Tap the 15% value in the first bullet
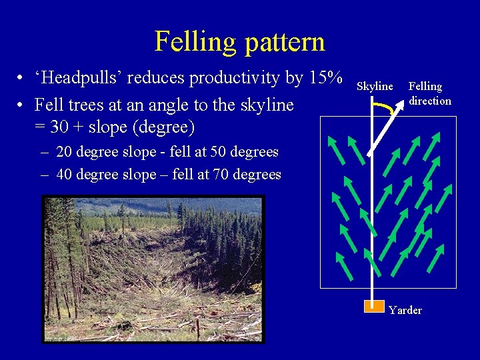tap(325, 77)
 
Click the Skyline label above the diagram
tap(375, 87)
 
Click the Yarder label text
tap(405, 310)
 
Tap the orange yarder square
tap(373, 306)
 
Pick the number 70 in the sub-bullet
tap(222, 175)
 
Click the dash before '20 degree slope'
tap(44, 153)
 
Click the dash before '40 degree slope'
tap(44, 175)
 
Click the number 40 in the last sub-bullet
tap(65, 175)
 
